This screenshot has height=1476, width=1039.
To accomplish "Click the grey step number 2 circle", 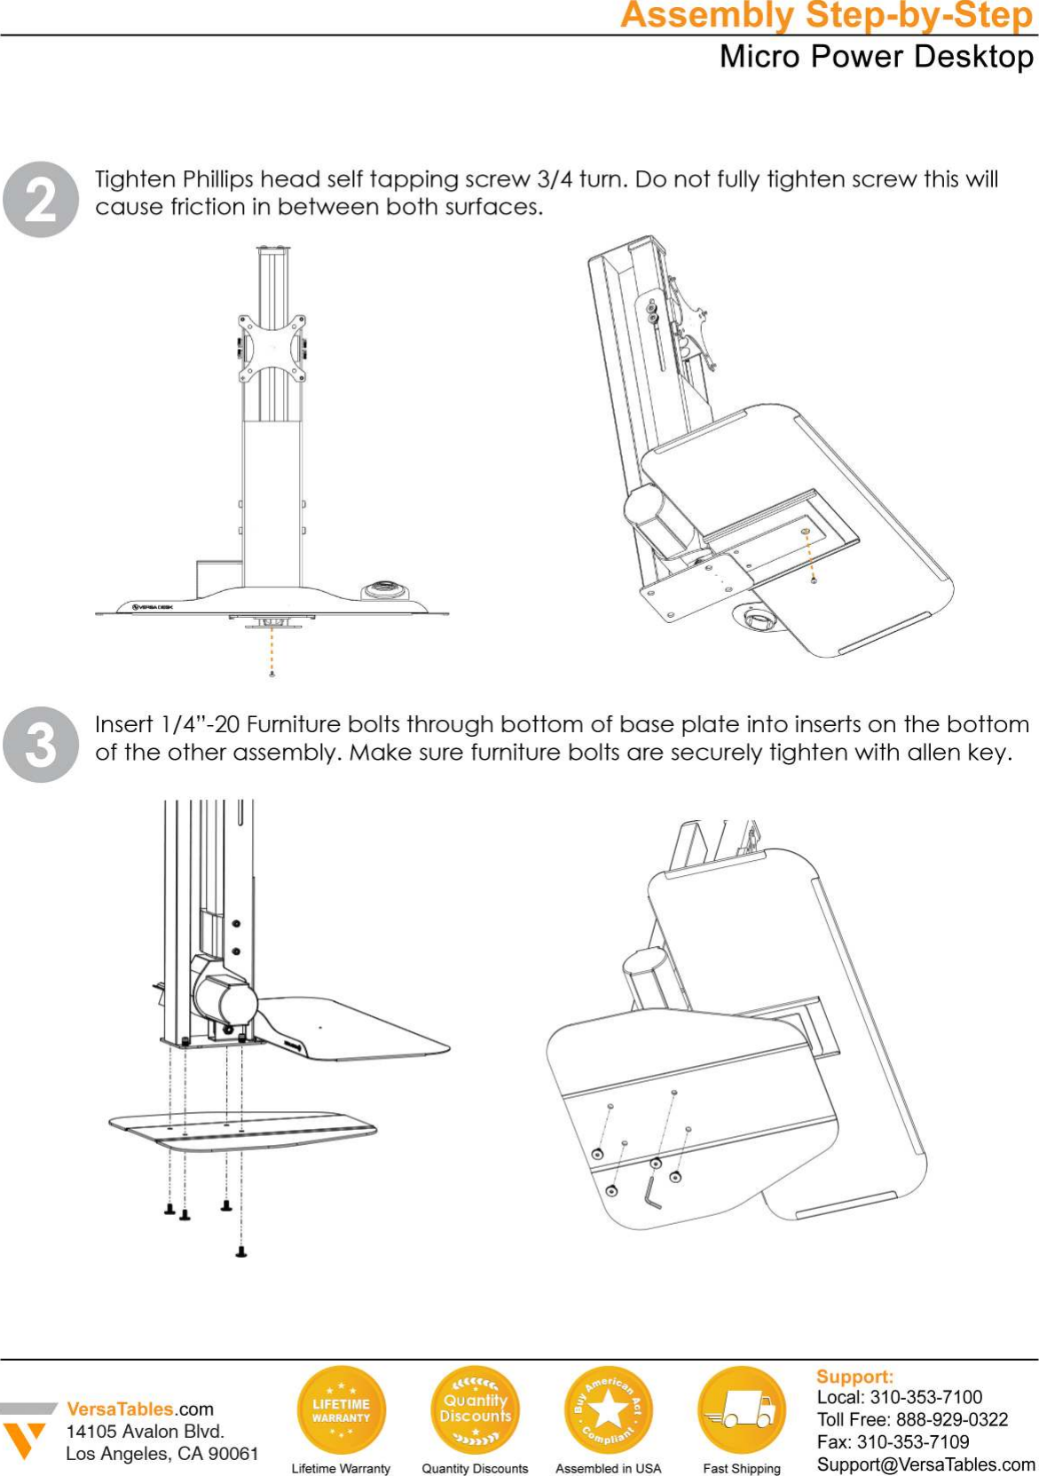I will pos(41,200).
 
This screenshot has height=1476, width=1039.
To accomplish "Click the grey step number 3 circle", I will pos(41,744).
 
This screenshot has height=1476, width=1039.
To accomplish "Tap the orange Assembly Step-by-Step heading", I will pos(827,16).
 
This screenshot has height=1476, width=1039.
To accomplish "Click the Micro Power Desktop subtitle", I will pos(876,57).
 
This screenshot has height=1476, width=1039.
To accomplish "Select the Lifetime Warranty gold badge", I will pos(341,1409).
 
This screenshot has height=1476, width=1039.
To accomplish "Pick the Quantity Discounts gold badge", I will pos(475,1409).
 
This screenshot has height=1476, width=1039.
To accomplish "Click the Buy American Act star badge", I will pos(608,1409).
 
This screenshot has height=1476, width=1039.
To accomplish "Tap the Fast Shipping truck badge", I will pos(742,1409).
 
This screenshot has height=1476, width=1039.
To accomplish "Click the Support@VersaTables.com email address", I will pos(925,1464).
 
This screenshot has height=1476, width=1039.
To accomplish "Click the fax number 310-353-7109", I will pos(913,1442).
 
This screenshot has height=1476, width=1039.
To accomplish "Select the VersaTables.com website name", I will pos(140,1409).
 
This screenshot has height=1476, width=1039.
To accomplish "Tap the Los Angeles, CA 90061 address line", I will pos(161,1454).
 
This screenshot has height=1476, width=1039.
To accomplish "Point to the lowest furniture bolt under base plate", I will pos(240,1252).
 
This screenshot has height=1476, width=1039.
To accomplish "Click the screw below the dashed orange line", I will pos(272,675).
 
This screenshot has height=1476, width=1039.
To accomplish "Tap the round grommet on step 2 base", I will pos(386,589).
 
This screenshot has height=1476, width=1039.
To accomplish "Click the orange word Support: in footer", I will pos(854,1377).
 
